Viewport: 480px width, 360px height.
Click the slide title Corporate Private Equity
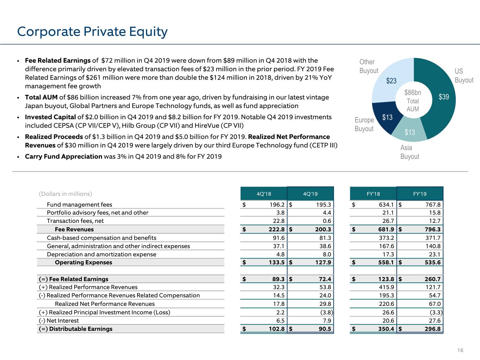92,32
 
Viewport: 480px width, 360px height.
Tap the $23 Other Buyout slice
391,81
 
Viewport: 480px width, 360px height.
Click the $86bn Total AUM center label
412,101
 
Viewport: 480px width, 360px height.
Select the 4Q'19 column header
310,194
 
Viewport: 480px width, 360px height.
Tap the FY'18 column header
373,194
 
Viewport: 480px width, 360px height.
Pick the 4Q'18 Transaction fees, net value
279,221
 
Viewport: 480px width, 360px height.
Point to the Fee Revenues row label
74,229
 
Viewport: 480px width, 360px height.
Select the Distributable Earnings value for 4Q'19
325,329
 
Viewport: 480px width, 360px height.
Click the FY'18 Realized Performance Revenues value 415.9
386,287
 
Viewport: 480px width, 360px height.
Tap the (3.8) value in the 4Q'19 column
327,312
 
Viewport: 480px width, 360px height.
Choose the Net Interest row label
59,321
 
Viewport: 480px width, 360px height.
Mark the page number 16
460,350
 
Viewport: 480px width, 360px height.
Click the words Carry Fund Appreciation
63,156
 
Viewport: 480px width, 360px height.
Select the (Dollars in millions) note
65,194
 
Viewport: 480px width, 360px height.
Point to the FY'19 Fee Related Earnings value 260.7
433,279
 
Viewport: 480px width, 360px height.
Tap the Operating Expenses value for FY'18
386,262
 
